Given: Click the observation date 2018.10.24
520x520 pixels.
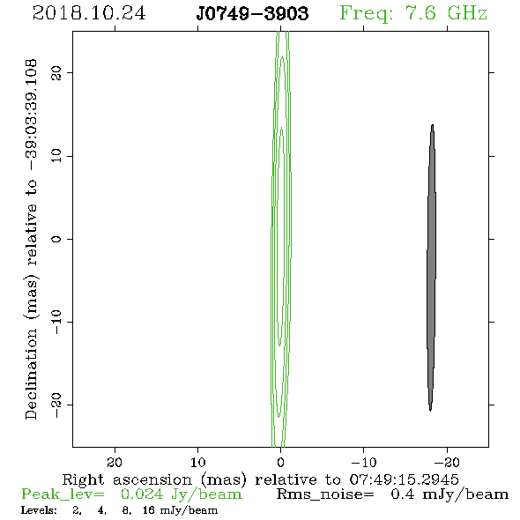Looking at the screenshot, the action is pyautogui.click(x=89, y=13).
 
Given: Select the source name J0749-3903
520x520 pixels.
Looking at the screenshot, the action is pyautogui.click(x=252, y=14).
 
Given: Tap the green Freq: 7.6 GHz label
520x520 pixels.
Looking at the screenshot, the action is pyautogui.click(x=413, y=13).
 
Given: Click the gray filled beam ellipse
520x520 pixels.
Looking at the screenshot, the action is pyautogui.click(x=431, y=268).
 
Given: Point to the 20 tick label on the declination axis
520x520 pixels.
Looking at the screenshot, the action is pyautogui.click(x=56, y=72).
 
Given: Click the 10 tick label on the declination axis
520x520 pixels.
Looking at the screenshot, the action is pyautogui.click(x=56, y=155).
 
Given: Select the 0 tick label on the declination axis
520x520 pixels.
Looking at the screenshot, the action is pyautogui.click(x=56, y=239).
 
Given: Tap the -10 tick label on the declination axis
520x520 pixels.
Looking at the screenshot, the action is pyautogui.click(x=56, y=322).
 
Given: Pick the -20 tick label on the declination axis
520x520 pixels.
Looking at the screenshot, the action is pyautogui.click(x=56, y=405).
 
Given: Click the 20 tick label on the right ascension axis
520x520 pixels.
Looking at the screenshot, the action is pyautogui.click(x=115, y=462).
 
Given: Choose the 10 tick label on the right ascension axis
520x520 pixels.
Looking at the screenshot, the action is pyautogui.click(x=198, y=462).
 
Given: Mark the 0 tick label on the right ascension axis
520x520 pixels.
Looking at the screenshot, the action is pyautogui.click(x=281, y=462).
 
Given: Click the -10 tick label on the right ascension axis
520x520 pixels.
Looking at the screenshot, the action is pyautogui.click(x=364, y=462).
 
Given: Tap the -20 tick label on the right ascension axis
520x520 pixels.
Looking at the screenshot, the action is pyautogui.click(x=447, y=462).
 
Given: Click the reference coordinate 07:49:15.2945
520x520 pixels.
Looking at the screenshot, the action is pyautogui.click(x=404, y=479).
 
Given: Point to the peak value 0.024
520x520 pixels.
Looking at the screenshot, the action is pyautogui.click(x=142, y=494).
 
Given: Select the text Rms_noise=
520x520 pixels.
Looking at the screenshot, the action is pyautogui.click(x=325, y=494).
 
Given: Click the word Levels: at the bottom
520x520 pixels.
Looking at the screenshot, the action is pyautogui.click(x=39, y=510).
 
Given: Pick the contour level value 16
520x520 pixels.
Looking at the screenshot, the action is pyautogui.click(x=149, y=510).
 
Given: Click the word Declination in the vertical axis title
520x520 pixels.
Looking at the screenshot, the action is pyautogui.click(x=31, y=374).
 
